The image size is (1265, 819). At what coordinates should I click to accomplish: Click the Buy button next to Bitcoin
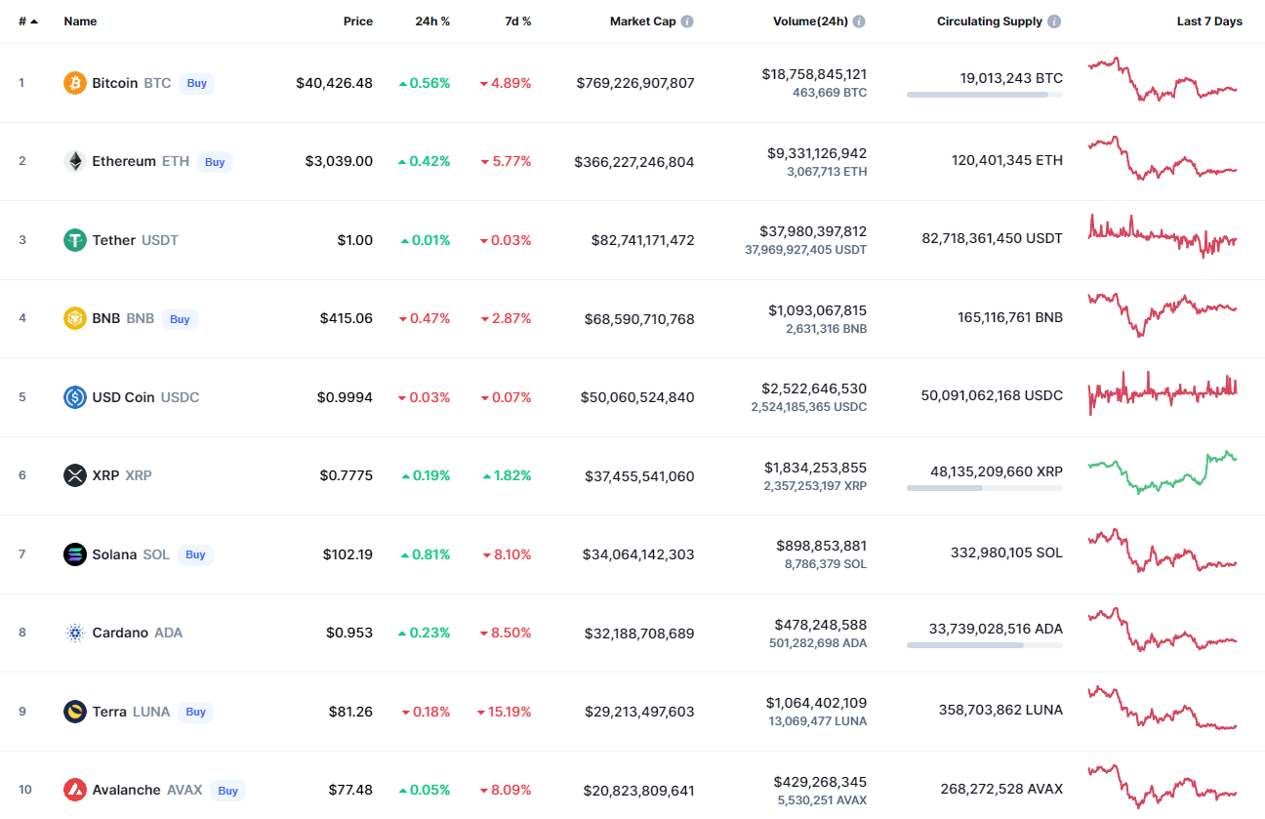pos(197,83)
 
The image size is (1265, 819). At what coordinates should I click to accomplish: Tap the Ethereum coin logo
pos(75,161)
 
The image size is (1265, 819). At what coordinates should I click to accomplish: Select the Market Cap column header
pos(642,21)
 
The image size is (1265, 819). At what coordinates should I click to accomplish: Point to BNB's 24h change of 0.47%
pos(425,318)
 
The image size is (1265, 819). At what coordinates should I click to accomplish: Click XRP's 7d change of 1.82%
pos(507,475)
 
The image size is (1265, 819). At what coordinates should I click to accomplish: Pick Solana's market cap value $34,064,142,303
pos(639,554)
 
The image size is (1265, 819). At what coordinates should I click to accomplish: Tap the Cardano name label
pos(120,633)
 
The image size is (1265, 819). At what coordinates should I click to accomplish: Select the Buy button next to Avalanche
pos(227,791)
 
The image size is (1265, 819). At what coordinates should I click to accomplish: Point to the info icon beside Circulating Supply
pos(1054,21)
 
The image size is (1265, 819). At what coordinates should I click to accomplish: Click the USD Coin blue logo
pos(75,397)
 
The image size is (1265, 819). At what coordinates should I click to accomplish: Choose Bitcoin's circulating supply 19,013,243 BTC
pos(1011,78)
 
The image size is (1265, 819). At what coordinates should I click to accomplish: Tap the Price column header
pos(358,21)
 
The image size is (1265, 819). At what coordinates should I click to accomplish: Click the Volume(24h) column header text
pos(810,21)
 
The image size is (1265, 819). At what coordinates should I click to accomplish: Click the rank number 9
pos(22,712)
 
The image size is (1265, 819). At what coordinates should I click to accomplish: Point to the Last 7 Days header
pos(1209,21)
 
